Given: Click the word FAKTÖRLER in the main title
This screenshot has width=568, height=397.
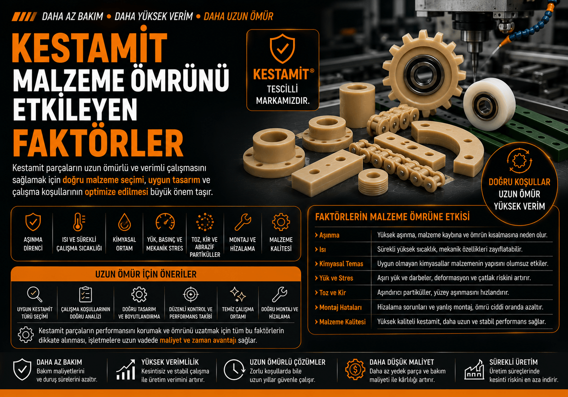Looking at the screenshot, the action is (98, 143).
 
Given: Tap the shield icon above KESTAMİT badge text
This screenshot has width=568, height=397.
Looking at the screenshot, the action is (282, 48).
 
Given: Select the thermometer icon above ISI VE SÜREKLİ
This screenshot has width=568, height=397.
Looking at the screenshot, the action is (79, 222).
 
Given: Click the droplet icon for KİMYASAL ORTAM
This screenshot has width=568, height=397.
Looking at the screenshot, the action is (124, 222).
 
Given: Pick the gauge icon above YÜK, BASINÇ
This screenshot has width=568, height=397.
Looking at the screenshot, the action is (165, 222).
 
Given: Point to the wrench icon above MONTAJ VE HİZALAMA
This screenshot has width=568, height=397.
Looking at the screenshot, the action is (243, 222).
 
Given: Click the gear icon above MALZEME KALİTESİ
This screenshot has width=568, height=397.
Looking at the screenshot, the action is (281, 222).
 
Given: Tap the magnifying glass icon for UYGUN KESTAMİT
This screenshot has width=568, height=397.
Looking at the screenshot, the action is (34, 294).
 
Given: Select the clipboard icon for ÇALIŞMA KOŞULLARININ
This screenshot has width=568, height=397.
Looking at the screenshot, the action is (86, 294).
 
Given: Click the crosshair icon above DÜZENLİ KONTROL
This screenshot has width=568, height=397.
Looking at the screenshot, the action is (191, 294).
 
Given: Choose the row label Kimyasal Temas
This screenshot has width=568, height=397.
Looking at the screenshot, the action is (341, 264).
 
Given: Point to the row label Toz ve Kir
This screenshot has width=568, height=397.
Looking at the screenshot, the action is (332, 293).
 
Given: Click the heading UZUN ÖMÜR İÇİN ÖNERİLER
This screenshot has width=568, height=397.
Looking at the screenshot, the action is (146, 274).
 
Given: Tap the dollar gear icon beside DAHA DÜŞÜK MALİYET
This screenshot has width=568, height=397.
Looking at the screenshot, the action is (355, 369).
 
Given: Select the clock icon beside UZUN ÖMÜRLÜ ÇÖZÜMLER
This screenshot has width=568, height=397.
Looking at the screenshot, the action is (234, 370).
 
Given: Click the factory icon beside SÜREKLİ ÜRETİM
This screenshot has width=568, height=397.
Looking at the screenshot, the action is (474, 370).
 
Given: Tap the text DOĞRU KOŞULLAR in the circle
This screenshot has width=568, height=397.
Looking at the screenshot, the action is (519, 182).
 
